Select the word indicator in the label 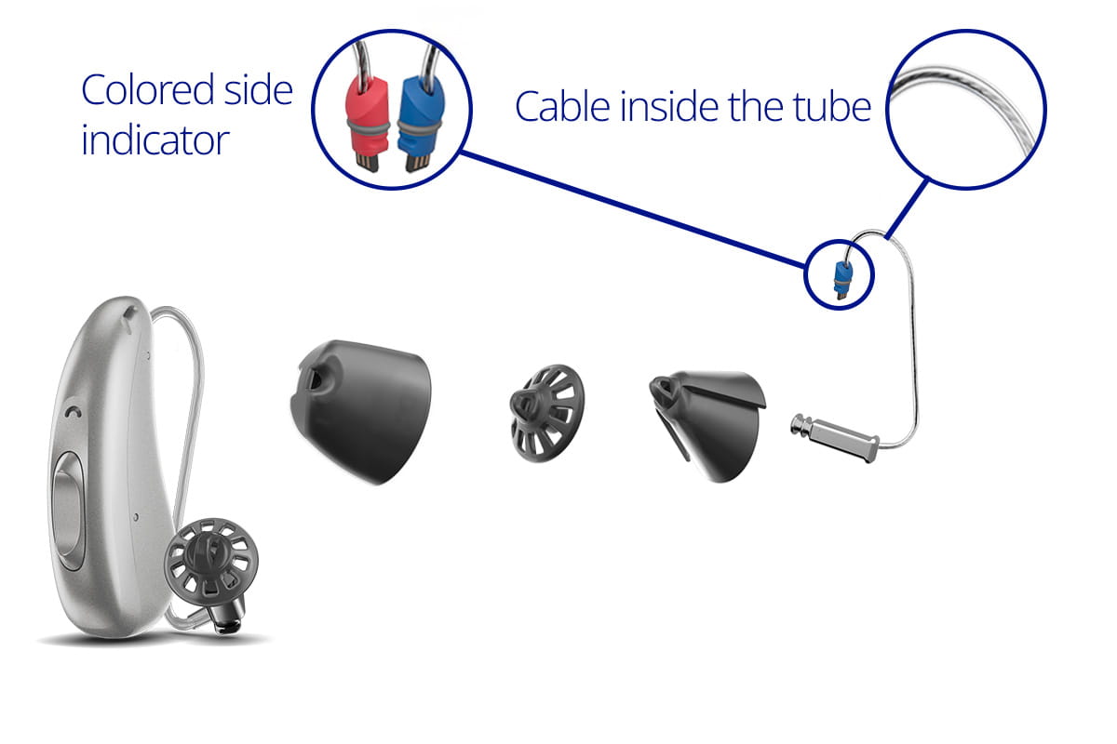[x=155, y=140]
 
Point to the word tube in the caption [x=830, y=107]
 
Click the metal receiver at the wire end [x=834, y=437]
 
